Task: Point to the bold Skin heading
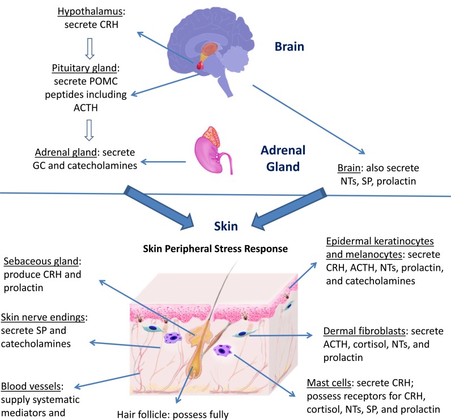[x=225, y=226]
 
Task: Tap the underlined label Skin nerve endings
[x=41, y=316]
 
